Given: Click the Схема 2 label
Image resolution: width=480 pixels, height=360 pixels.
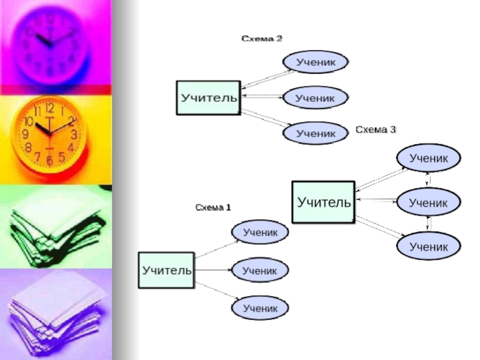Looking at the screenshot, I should point(262,38).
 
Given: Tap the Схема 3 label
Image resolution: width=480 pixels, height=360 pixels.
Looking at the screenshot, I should point(376,129).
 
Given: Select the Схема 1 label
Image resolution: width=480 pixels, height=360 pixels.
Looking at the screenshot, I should point(213,208).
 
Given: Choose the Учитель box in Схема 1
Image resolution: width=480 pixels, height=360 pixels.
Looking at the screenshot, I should point(166,270).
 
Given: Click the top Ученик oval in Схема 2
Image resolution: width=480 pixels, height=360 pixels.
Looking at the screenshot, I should point(315,61).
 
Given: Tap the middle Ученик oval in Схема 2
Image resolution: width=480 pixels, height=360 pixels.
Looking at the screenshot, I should point(315,97).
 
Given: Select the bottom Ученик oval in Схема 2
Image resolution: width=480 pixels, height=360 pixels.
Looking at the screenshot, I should point(315,133).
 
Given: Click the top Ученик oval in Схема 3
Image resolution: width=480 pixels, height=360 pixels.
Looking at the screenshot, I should point(428,158).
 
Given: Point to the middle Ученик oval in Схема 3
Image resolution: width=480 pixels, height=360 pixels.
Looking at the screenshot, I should point(428,203).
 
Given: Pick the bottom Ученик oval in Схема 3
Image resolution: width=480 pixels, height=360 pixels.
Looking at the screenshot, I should point(428,246).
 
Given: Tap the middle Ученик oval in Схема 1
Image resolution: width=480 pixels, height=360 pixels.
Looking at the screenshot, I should point(260,271).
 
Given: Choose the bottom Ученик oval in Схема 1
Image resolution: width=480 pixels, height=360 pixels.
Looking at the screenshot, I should point(260,308).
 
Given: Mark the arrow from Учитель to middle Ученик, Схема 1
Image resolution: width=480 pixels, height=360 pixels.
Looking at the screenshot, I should point(213,271).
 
